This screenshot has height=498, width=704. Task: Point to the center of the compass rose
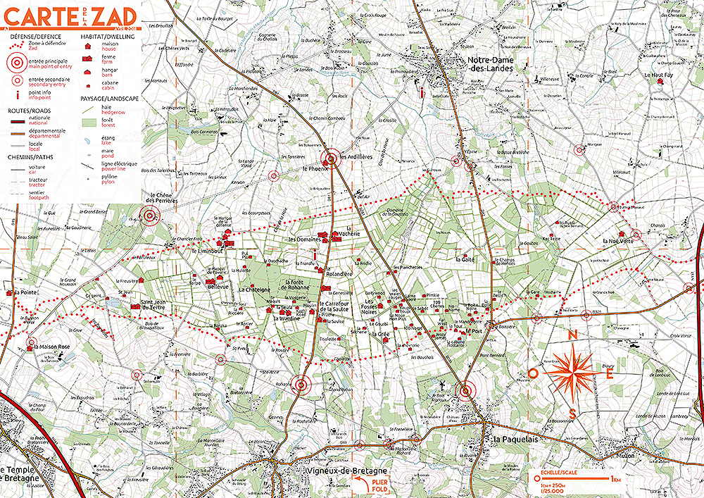(x=572, y=373)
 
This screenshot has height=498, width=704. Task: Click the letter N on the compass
(x=572, y=335)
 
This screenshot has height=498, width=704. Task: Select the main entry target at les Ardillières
(x=330, y=158)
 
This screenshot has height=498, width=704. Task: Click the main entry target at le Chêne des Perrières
(x=149, y=216)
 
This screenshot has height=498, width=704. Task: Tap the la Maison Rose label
(x=54, y=347)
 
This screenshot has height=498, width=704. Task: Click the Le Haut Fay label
(x=659, y=74)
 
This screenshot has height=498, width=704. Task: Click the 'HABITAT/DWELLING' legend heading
(x=108, y=35)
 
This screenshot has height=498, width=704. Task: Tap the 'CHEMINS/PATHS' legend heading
(x=30, y=156)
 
